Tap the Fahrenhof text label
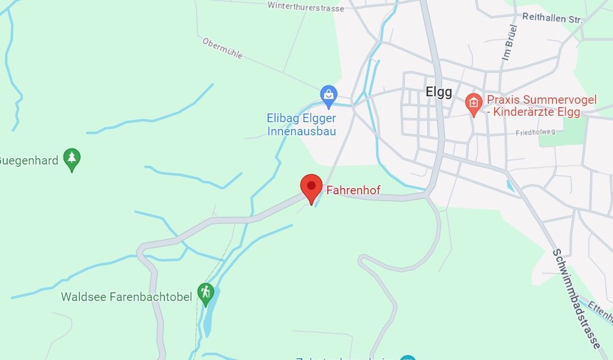353,190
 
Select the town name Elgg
439,92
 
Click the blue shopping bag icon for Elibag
329,95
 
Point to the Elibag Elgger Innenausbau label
301,124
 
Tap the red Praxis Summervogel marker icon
474,104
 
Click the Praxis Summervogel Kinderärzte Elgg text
541,105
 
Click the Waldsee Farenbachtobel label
126,297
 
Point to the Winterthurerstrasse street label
306,6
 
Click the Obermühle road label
222,48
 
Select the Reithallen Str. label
552,18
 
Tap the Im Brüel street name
509,42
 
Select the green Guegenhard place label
29,160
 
